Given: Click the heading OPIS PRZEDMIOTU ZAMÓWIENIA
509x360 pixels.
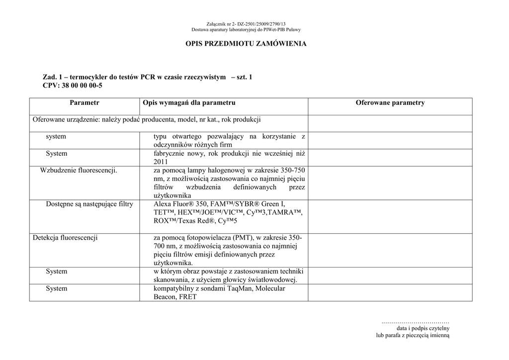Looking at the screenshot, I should click(x=246, y=44).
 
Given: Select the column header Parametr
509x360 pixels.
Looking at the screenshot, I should click(x=85, y=103).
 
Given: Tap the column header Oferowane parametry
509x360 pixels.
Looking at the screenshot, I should click(x=390, y=103).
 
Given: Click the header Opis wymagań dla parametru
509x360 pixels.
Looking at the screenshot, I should click(x=189, y=103).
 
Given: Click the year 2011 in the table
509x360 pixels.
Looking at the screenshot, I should click(x=161, y=162).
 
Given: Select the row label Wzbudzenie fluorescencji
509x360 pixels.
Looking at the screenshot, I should click(x=79, y=171).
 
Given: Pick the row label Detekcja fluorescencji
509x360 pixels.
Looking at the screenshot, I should click(x=65, y=238).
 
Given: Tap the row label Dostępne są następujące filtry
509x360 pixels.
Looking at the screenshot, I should click(x=89, y=204).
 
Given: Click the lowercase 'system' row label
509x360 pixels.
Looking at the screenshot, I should click(x=56, y=136).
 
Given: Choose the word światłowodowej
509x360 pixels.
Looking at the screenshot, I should click(x=273, y=280).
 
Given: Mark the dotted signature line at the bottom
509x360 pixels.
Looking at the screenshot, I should click(x=415, y=323).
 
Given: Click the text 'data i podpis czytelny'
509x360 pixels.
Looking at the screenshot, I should click(x=423, y=329).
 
